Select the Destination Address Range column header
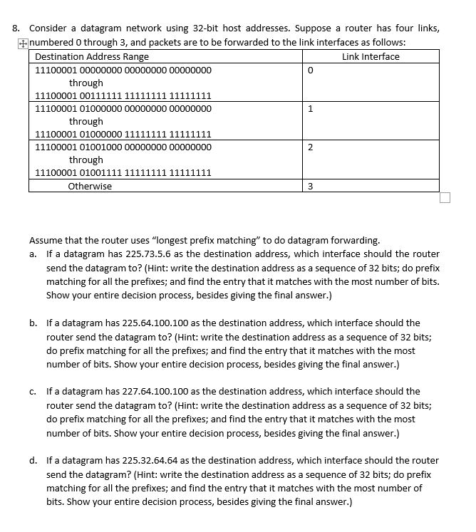click(x=92, y=56)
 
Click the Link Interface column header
click(x=371, y=56)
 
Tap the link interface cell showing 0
click(x=310, y=71)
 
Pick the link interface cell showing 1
click(x=310, y=109)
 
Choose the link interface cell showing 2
click(x=310, y=147)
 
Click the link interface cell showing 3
click(x=310, y=187)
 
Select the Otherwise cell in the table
click(x=90, y=187)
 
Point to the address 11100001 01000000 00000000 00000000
click(x=123, y=109)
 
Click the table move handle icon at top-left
click(x=24, y=43)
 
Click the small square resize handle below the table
click(x=445, y=197)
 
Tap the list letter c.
click(x=33, y=391)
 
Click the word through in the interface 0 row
click(x=86, y=83)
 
